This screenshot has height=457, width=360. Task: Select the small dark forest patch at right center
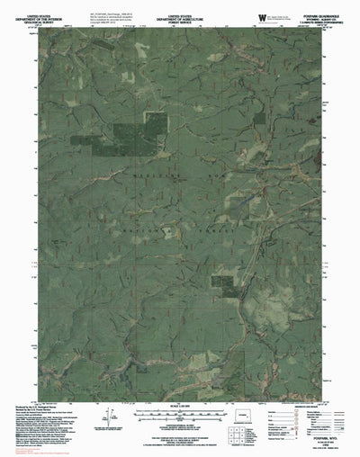pos(223,284)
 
